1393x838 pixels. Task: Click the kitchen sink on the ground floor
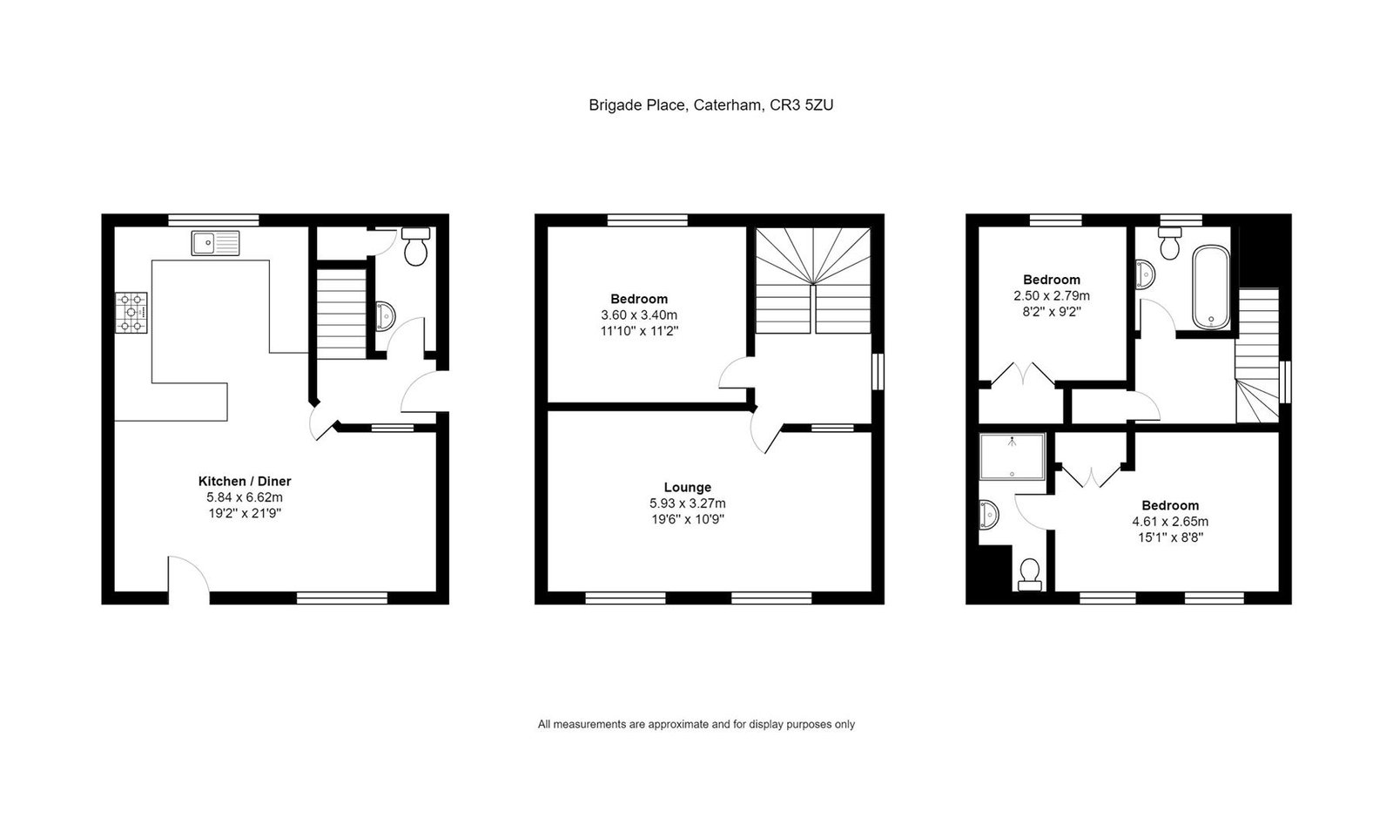coord(215,243)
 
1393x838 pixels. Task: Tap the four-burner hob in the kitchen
coord(131,313)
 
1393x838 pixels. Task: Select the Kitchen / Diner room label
coord(245,481)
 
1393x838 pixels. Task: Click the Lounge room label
coord(687,487)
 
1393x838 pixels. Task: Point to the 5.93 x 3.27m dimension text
coord(687,503)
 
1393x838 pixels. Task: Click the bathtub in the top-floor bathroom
coord(1211,287)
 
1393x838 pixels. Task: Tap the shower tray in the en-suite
coord(1012,456)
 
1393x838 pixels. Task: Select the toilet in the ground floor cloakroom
coord(415,247)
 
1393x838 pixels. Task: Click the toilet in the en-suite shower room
coord(1029,574)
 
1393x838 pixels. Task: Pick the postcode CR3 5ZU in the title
coord(802,105)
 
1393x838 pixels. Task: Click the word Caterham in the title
coord(728,105)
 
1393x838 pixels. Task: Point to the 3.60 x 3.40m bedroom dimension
coord(639,314)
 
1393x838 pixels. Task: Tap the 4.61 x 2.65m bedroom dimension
coord(1170,521)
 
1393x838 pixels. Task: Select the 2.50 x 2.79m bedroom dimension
coord(1052,295)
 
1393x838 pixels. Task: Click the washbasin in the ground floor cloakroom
coord(386,316)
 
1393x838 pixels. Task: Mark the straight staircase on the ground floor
coord(341,314)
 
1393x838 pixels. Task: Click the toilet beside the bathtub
coord(1170,243)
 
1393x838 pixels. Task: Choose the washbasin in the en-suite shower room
coord(989,515)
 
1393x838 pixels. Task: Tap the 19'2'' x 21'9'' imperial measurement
coord(245,513)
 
